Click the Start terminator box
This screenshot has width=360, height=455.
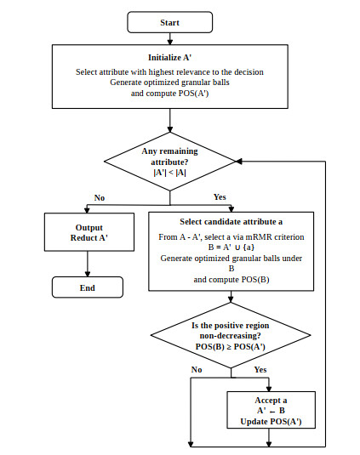pos(170,22)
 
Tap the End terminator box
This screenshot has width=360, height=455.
pos(88,287)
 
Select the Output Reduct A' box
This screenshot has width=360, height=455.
pos(89,232)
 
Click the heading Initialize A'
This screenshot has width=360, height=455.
pos(170,58)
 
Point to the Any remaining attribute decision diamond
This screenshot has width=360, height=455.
pos(170,162)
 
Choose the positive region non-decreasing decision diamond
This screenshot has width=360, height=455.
pos(231,335)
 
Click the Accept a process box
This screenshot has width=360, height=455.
pos(271,410)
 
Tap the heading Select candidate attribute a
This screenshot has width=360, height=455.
pos(231,222)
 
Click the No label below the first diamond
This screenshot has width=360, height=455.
pos(100,198)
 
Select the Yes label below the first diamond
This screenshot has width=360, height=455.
pos(220,197)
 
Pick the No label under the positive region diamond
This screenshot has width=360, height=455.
pos(197,370)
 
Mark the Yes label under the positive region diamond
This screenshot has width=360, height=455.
pos(260,370)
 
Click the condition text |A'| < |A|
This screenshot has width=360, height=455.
pos(170,173)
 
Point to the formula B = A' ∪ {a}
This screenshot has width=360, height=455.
pos(231,247)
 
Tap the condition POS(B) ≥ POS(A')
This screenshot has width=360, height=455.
pos(231,347)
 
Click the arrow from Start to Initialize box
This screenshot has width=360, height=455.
pos(170,38)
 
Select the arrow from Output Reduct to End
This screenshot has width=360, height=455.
pos(88,264)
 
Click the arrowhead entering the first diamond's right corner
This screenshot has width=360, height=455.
pos(238,162)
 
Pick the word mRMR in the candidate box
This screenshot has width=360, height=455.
pos(259,237)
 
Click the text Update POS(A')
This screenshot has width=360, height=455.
pos(271,421)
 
